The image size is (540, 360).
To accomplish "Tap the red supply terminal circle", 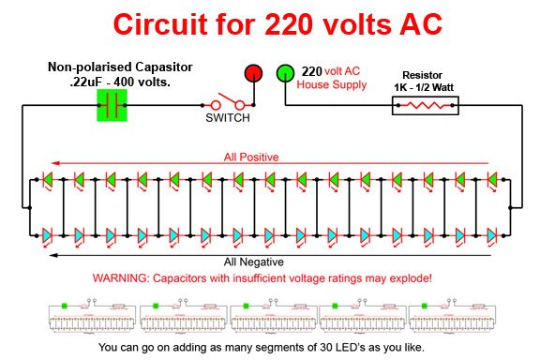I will (x=253, y=73).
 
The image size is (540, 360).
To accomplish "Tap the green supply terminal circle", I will (x=285, y=73).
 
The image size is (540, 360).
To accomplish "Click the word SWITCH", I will (x=228, y=120).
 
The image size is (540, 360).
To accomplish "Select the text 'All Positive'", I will (x=250, y=157).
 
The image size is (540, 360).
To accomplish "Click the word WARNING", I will (x=122, y=278).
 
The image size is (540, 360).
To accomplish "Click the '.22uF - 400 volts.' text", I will (x=120, y=82).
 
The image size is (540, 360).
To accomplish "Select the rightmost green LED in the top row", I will (x=492, y=178).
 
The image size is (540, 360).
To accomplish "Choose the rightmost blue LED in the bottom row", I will (x=492, y=232).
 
